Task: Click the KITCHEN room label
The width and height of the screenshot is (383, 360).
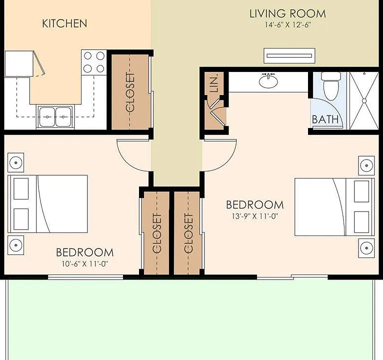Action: pyautogui.click(x=64, y=23)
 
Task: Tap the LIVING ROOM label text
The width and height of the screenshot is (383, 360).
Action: pyautogui.click(x=287, y=13)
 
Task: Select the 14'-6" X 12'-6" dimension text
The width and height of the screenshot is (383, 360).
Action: pyautogui.click(x=287, y=24)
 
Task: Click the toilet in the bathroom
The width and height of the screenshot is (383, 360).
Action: pyautogui.click(x=331, y=85)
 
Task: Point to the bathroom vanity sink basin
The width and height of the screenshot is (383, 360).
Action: pyautogui.click(x=268, y=81)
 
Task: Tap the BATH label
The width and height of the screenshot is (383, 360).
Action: pyautogui.click(x=325, y=119)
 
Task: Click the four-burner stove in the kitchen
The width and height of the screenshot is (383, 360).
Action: pyautogui.click(x=94, y=62)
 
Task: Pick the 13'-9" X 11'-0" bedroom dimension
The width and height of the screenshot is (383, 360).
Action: pyautogui.click(x=255, y=216)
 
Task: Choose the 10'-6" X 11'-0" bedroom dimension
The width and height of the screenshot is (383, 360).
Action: pyautogui.click(x=85, y=264)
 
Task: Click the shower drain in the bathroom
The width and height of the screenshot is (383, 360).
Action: pyautogui.click(x=364, y=101)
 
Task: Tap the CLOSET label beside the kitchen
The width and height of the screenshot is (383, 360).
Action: pyautogui.click(x=130, y=92)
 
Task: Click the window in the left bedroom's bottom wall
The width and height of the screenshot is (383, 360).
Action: pyautogui.click(x=85, y=277)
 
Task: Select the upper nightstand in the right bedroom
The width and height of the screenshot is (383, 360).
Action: pyautogui.click(x=366, y=165)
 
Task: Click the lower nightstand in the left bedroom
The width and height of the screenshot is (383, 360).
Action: pyautogui.click(x=16, y=245)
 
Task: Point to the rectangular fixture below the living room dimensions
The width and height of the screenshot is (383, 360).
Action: pyautogui.click(x=289, y=55)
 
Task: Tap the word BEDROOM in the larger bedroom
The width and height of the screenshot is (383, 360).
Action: pyautogui.click(x=255, y=205)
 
